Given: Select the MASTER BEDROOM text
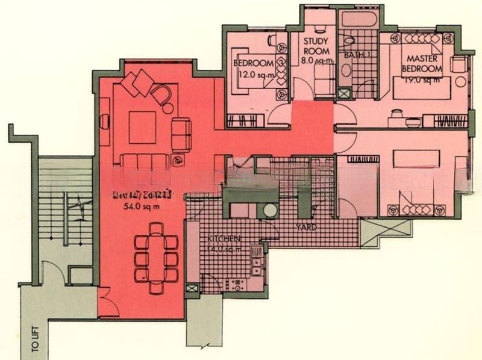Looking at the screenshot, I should (x=422, y=64).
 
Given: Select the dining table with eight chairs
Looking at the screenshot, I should (x=156, y=253).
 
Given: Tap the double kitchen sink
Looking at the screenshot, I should (x=256, y=267).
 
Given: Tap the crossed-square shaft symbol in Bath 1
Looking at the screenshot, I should (x=345, y=95).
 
